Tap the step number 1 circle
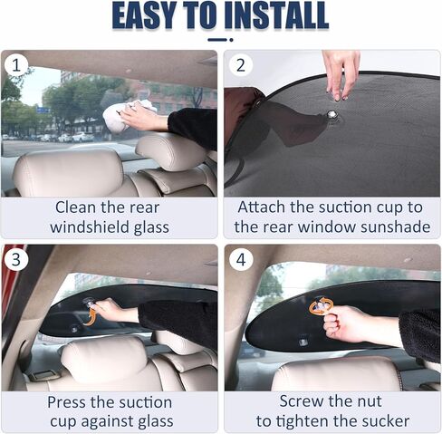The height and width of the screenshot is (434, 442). pyautogui.click(x=15, y=64)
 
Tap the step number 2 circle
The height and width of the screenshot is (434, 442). pyautogui.click(x=240, y=64)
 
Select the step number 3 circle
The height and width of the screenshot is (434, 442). pyautogui.click(x=15, y=259)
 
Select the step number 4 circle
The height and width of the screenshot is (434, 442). pyautogui.click(x=240, y=259)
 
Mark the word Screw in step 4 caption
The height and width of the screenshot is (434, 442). pyautogui.click(x=303, y=400)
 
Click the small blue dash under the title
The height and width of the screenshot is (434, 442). pyautogui.click(x=220, y=39)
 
